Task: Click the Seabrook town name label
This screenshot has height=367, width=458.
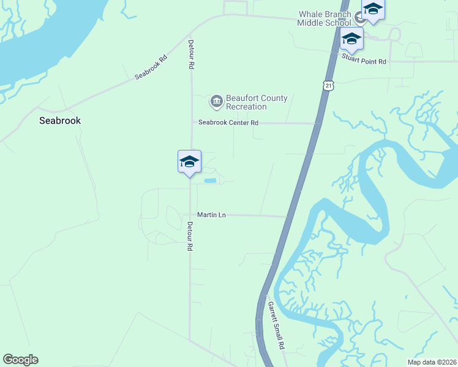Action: pyautogui.click(x=60, y=120)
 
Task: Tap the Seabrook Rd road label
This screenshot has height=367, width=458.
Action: pyautogui.click(x=151, y=68)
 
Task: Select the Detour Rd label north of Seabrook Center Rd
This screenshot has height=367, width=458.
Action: pyautogui.click(x=192, y=54)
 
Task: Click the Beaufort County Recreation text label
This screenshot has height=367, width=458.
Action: pyautogui.click(x=248, y=102)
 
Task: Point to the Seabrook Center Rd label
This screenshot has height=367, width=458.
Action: pyautogui.click(x=228, y=123)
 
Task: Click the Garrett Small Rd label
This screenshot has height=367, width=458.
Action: pyautogui.click(x=276, y=324)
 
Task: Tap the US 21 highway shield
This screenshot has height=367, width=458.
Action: pyautogui.click(x=329, y=86)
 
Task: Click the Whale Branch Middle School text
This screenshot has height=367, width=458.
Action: pyautogui.click(x=325, y=18)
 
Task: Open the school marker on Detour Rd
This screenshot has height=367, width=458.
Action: pyautogui.click(x=189, y=162)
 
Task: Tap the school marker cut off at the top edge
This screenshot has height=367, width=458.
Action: pyautogui.click(x=372, y=9)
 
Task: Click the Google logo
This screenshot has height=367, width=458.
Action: pyautogui.click(x=20, y=360)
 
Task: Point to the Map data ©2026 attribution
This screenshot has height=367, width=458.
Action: pyautogui.click(x=432, y=362)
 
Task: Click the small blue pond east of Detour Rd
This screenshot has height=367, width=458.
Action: pyautogui.click(x=210, y=180)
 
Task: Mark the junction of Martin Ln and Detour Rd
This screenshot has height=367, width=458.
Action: pyautogui.click(x=189, y=215)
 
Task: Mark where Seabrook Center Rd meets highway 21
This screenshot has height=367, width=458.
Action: pyautogui.click(x=317, y=124)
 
